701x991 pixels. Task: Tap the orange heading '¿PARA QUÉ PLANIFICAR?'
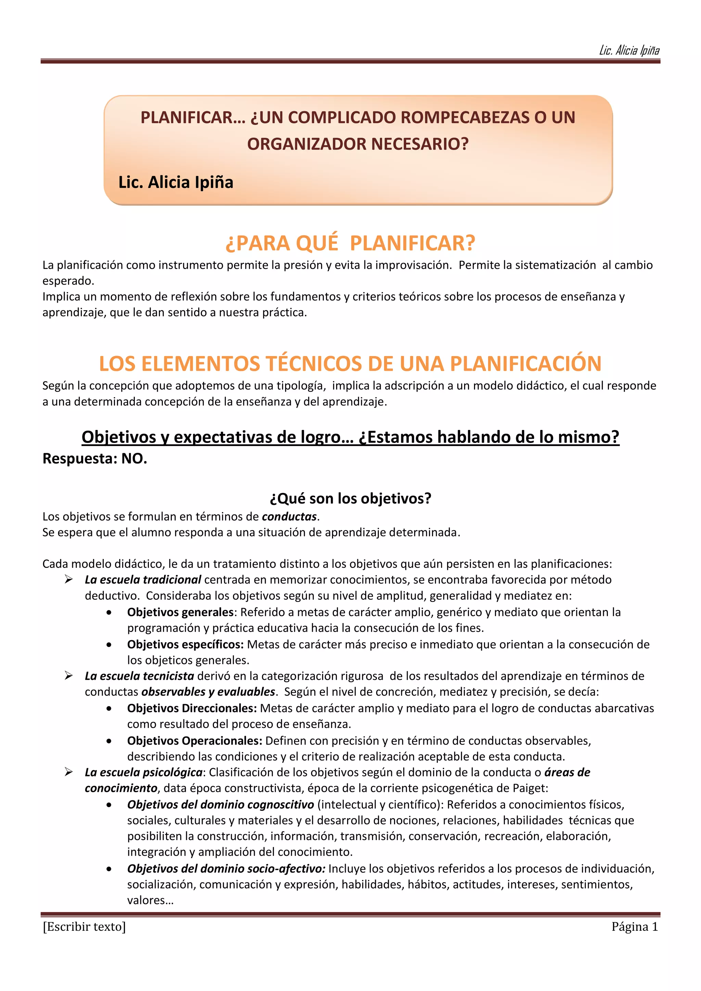[x=350, y=243]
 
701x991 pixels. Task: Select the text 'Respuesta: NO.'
[x=95, y=458]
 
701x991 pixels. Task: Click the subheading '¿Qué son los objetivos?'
[x=350, y=498]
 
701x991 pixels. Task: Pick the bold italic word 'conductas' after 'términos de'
[x=289, y=517]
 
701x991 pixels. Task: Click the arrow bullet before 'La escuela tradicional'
[x=69, y=579]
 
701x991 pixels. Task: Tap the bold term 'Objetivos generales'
[x=180, y=612]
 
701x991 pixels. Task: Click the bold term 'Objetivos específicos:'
[x=185, y=645]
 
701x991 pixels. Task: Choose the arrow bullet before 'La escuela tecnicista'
[x=69, y=676]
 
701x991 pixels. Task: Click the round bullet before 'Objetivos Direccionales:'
[x=109, y=709]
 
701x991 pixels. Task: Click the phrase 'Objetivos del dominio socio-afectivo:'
[x=226, y=868]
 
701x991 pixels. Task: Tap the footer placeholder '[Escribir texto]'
[x=84, y=927]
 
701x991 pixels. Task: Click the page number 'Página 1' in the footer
[x=635, y=927]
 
